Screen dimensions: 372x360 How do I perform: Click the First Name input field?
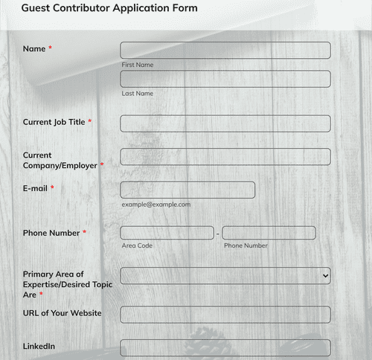click(225, 50)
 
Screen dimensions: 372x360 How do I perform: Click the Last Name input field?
click(225, 79)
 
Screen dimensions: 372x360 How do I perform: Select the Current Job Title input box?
click(225, 123)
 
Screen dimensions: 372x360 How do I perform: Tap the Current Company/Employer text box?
click(225, 156)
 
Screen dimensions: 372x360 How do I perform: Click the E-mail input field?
click(187, 190)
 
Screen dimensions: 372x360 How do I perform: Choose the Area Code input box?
click(167, 233)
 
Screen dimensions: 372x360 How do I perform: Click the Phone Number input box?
click(269, 233)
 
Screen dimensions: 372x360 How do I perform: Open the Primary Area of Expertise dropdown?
click(225, 275)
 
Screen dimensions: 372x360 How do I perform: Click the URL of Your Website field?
click(225, 314)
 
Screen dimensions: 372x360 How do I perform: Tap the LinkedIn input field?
click(225, 347)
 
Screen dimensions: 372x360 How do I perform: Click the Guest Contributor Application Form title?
click(109, 8)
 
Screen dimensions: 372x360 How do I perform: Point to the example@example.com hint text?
click(156, 204)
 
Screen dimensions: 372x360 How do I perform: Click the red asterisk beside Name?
click(51, 49)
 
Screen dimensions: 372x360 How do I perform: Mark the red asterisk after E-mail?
click(52, 189)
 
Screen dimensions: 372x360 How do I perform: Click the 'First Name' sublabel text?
click(138, 65)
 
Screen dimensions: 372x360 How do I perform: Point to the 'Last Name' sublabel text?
click(138, 94)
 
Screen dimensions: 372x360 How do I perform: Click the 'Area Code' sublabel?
click(137, 245)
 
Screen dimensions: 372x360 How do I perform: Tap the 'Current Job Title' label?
click(54, 122)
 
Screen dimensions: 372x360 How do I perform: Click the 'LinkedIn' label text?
click(39, 347)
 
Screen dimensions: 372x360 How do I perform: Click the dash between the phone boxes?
click(218, 234)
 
